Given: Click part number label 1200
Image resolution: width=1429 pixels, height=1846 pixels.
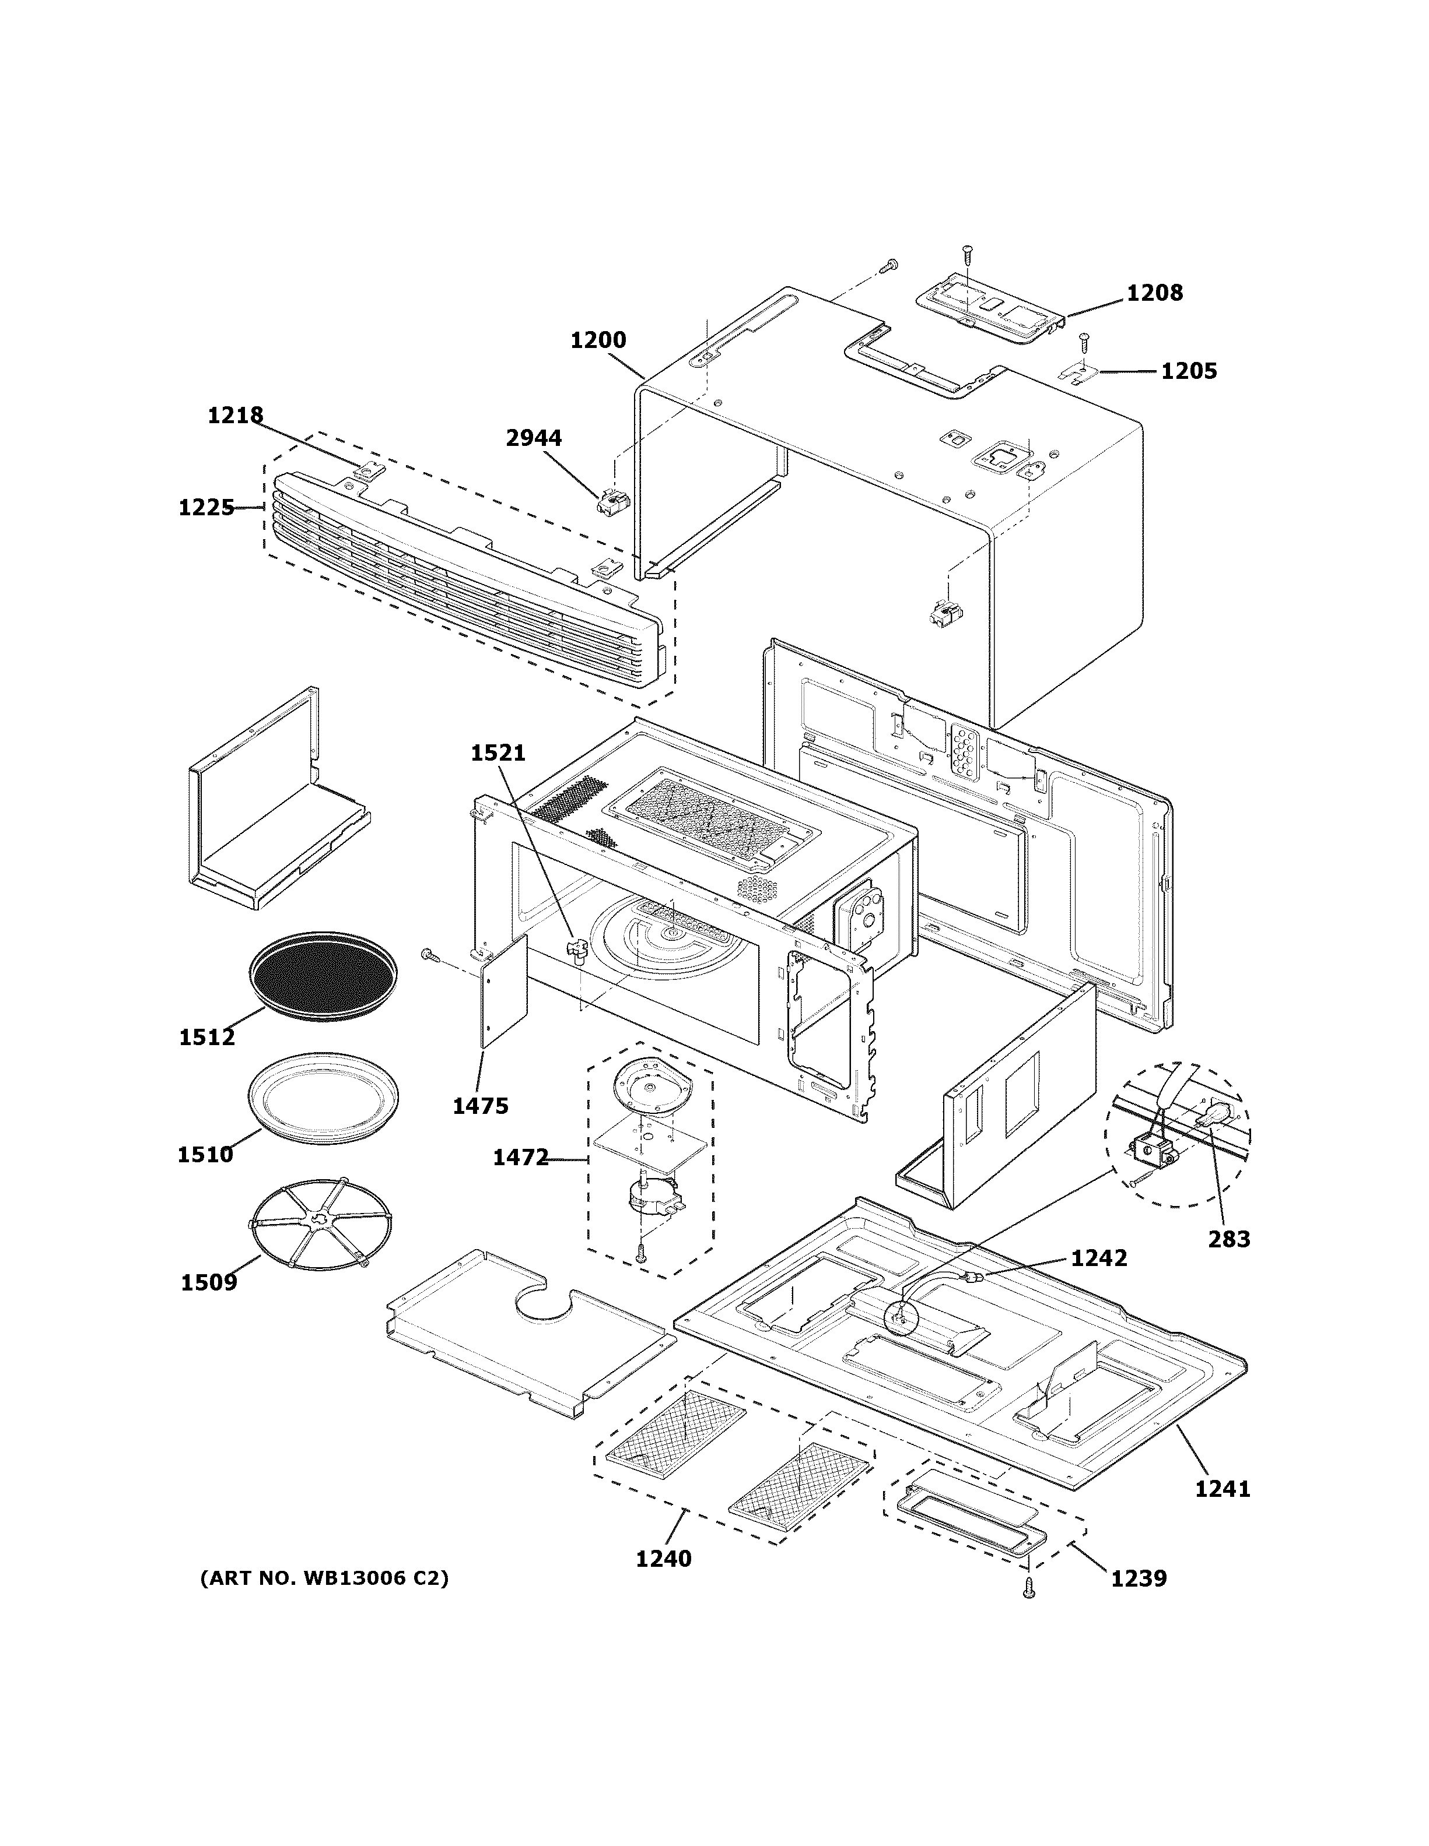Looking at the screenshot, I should (x=598, y=340).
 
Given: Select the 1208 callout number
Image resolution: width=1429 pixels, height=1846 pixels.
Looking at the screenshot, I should (x=1154, y=293).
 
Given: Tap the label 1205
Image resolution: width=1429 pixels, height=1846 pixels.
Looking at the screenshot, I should (x=1188, y=371).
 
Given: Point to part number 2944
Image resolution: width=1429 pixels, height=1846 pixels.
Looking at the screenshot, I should (x=534, y=438).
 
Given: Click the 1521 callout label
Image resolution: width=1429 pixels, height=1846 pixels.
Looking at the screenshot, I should (x=498, y=753).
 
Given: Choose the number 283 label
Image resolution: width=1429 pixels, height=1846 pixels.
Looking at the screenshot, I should (x=1228, y=1239).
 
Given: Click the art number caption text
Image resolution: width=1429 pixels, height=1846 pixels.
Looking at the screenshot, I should (x=324, y=1578).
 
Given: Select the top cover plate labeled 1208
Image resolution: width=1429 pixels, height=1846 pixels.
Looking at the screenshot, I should (x=989, y=307).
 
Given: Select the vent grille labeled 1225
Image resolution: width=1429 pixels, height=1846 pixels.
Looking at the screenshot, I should (x=465, y=575).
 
